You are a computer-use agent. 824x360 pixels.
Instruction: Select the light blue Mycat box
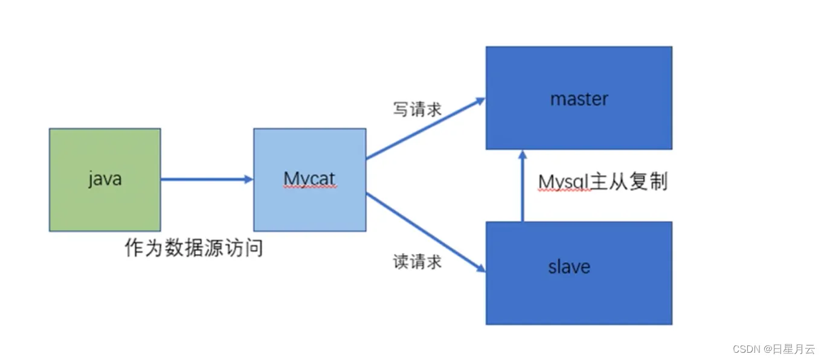tap(309, 205)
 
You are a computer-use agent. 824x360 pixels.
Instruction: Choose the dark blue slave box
tap(579, 296)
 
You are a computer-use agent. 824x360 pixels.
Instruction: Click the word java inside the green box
tap(105, 179)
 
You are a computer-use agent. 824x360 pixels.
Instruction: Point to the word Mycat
tap(309, 179)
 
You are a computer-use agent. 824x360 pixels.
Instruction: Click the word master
tap(579, 98)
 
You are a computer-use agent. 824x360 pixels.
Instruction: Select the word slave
tap(569, 266)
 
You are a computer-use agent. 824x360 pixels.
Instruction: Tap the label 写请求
tap(417, 109)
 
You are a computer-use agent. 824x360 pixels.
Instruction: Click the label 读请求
tap(417, 262)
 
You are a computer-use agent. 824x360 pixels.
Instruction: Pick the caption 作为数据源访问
tap(193, 247)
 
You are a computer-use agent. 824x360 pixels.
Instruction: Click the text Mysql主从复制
tap(603, 181)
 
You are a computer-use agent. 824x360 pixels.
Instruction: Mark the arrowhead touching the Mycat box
tap(248, 179)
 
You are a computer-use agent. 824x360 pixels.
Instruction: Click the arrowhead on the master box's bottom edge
tap(523, 155)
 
